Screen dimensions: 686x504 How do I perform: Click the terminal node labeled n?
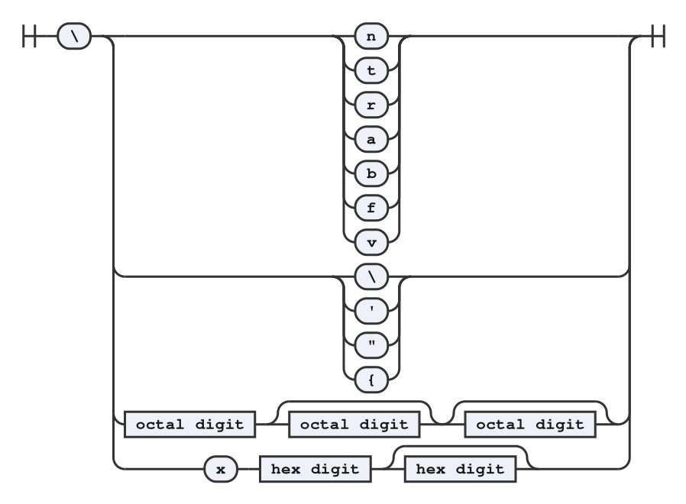click(x=371, y=36)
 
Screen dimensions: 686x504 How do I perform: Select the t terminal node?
click(x=371, y=70)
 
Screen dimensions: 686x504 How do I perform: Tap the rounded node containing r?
click(x=371, y=105)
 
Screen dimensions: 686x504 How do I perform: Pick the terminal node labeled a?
click(x=371, y=139)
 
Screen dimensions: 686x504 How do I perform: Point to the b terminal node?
click(x=371, y=173)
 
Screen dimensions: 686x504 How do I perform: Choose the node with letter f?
click(x=371, y=208)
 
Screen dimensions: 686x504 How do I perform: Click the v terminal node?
click(x=371, y=242)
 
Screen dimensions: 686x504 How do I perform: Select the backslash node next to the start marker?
click(x=74, y=36)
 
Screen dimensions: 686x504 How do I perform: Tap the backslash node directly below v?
click(x=371, y=276)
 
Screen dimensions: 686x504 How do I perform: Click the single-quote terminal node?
click(x=371, y=311)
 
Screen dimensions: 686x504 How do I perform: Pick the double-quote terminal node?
click(x=371, y=345)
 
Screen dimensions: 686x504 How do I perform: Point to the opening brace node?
click(x=371, y=380)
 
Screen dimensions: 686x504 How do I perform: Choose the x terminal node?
click(x=221, y=470)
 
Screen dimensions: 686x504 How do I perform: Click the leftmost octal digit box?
click(x=190, y=425)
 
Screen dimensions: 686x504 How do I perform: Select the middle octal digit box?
click(x=354, y=425)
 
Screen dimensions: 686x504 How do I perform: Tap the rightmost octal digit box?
click(x=530, y=425)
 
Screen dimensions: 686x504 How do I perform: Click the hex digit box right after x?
click(x=315, y=470)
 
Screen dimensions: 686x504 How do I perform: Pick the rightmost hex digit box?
click(x=460, y=470)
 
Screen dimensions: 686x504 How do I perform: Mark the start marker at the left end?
click(x=29, y=36)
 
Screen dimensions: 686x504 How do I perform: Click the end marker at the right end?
click(x=658, y=36)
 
